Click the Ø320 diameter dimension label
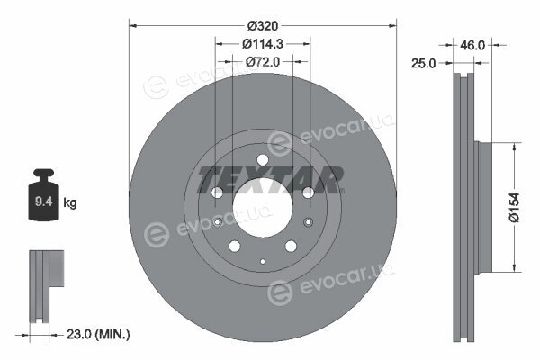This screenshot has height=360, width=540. click(x=263, y=25)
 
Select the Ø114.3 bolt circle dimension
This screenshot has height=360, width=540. click(x=263, y=44)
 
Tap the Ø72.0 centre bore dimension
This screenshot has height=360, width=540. click(x=263, y=62)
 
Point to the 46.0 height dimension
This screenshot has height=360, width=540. click(x=472, y=45)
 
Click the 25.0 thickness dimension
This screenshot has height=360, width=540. click(x=423, y=63)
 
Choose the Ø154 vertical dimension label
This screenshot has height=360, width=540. click(x=514, y=207)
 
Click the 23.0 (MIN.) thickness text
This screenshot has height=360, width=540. click(x=98, y=334)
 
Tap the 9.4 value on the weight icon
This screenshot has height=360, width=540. click(x=44, y=202)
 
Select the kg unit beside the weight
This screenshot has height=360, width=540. click(x=70, y=202)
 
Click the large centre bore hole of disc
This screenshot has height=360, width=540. click(x=263, y=207)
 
